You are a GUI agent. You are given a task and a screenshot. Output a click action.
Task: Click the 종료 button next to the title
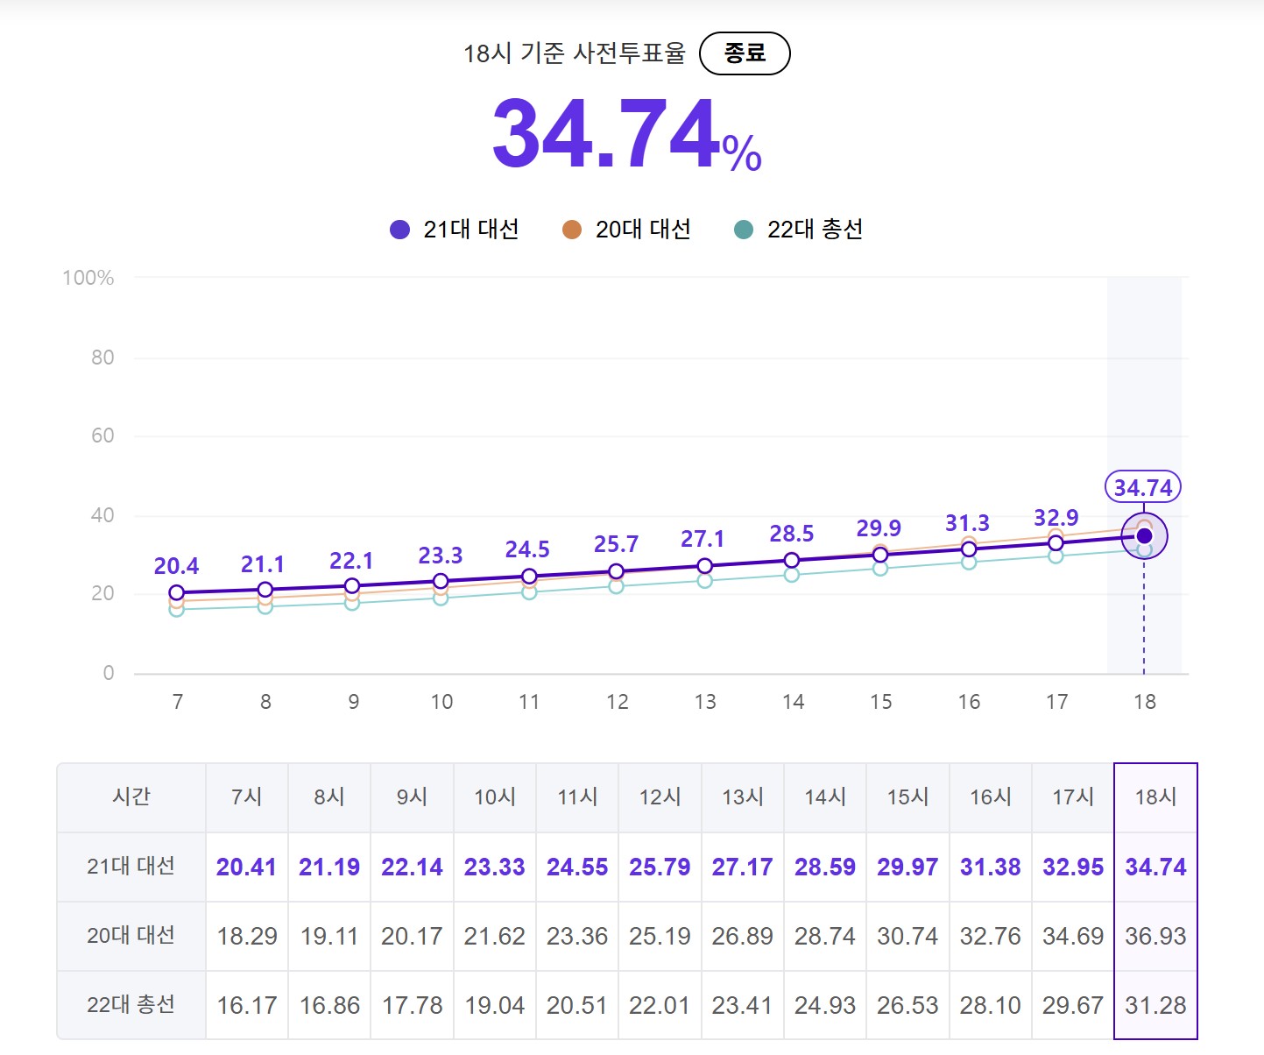(x=745, y=53)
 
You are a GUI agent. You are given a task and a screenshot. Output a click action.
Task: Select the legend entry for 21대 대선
(x=454, y=230)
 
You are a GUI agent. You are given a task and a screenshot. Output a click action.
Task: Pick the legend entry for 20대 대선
(x=626, y=230)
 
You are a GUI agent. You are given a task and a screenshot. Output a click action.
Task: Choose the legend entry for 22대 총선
(x=798, y=230)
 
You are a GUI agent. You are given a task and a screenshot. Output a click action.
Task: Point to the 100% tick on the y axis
(x=88, y=278)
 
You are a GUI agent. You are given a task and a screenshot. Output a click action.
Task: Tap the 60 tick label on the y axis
(x=102, y=435)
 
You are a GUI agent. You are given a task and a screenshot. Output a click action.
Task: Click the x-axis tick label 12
(x=618, y=702)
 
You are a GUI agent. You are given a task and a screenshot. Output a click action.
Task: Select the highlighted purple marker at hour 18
(x=1144, y=536)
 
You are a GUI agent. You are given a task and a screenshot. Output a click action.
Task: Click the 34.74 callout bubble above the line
(x=1143, y=487)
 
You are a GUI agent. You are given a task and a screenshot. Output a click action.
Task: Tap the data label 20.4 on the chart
(x=176, y=566)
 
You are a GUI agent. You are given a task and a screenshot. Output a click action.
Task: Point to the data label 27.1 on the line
(x=703, y=539)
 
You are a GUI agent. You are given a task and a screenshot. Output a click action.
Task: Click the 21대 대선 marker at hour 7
(x=177, y=593)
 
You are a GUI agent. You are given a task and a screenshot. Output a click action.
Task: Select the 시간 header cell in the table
(x=131, y=797)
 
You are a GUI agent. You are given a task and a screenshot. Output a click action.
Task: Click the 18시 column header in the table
(x=1155, y=797)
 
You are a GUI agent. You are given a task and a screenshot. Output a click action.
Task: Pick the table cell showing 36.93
(x=1155, y=936)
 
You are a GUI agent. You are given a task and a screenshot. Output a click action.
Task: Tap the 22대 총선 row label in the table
(x=131, y=1004)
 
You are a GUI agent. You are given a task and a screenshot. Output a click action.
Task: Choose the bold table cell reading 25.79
(x=660, y=867)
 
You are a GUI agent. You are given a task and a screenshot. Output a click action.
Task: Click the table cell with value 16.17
(x=247, y=1005)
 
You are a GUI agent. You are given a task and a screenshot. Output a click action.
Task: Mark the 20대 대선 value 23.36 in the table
(x=577, y=936)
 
